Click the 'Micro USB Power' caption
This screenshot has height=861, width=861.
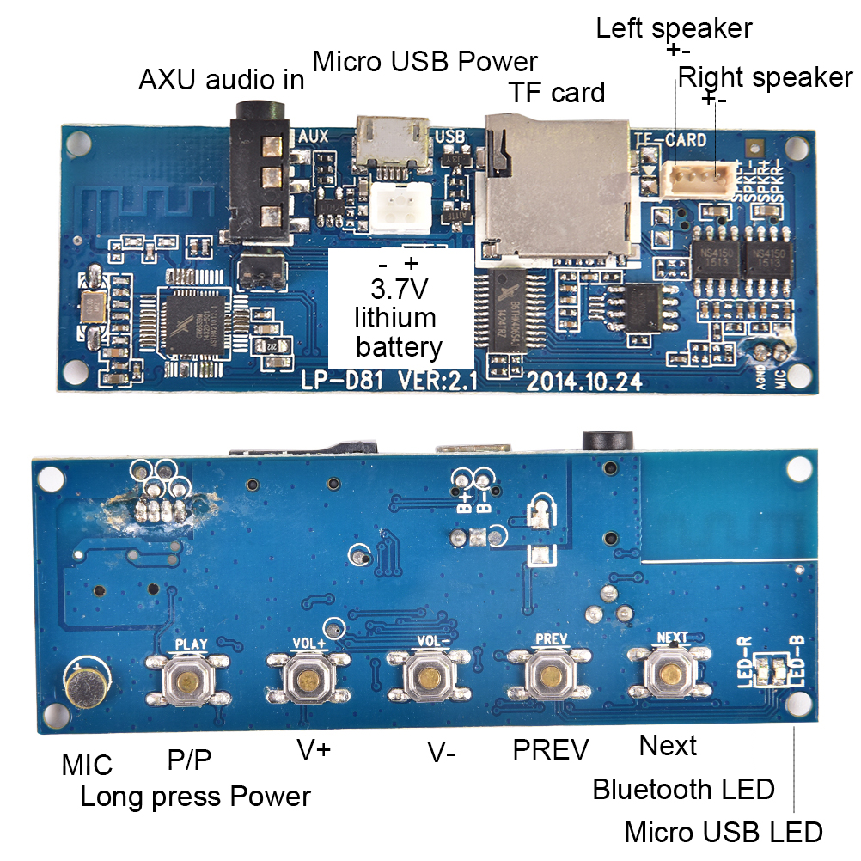pyautogui.click(x=424, y=62)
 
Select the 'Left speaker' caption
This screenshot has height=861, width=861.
pyautogui.click(x=674, y=28)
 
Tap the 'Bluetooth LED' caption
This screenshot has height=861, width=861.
pyautogui.click(x=683, y=789)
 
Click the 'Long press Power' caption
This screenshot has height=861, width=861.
pyautogui.click(x=195, y=796)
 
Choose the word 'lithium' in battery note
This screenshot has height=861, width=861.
pyautogui.click(x=395, y=318)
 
